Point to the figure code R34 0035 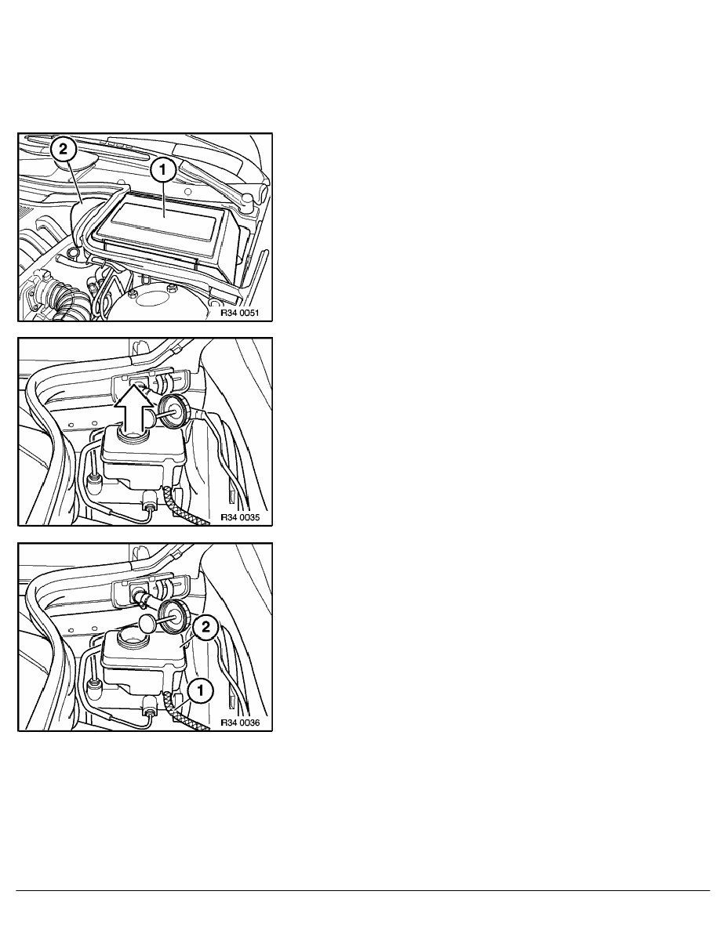coord(245,517)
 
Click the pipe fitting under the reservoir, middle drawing coord(147,505)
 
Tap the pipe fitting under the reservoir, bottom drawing coord(147,711)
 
